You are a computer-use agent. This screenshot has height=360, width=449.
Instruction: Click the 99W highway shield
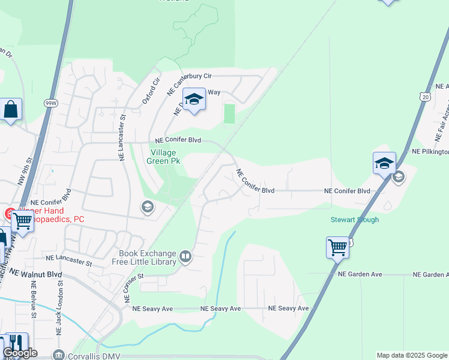click(50, 103)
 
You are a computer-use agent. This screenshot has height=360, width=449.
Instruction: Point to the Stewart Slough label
click(355, 220)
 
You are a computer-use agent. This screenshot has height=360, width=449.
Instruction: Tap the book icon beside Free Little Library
click(186, 258)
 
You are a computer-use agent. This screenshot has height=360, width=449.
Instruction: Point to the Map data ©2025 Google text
click(412, 355)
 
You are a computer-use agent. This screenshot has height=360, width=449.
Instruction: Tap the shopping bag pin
click(11, 110)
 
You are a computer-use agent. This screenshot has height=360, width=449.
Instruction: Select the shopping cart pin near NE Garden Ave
click(337, 247)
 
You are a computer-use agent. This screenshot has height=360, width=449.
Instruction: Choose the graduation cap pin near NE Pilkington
click(384, 163)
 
